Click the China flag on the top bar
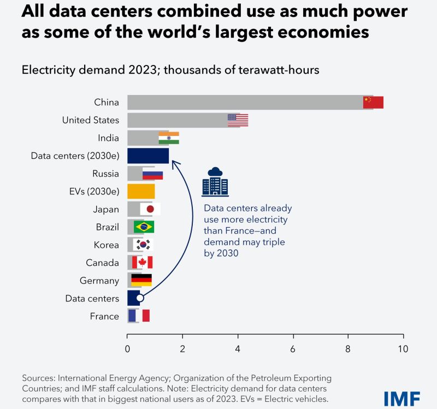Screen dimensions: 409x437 pos(373,103)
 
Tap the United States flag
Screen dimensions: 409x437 pos(238,121)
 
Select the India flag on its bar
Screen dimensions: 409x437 pos(169,138)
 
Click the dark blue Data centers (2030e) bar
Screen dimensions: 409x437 pos(148,156)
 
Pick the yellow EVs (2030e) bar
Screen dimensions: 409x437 pos(141,192)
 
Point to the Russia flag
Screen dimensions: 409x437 pos(152,175)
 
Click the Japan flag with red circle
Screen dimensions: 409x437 pos(150,209)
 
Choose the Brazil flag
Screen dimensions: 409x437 pos(144,227)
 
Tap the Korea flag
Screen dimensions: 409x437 pos(144,245)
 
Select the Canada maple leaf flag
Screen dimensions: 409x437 pos(142,263)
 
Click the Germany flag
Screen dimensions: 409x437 pos(141,280)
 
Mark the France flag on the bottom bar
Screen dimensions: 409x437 pos(139,316)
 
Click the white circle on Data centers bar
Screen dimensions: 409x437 pos(140,298)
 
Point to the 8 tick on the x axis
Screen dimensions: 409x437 pos(348,349)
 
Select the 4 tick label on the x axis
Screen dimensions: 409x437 pos(238,349)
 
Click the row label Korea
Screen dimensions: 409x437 pos(106,245)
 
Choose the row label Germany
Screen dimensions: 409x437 pos(99,280)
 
